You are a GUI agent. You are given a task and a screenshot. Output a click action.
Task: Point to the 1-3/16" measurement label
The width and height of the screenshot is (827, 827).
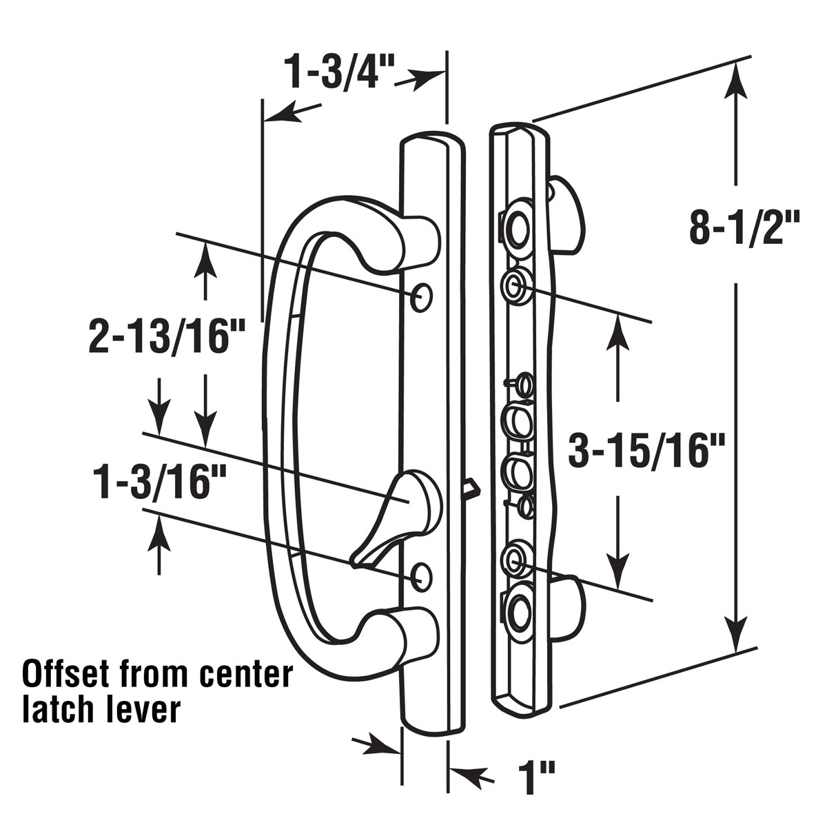[152, 482]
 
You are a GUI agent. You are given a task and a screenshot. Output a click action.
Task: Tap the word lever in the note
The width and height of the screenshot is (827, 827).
[141, 709]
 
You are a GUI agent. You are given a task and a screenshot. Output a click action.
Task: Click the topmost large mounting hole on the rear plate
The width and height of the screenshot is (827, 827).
[516, 225]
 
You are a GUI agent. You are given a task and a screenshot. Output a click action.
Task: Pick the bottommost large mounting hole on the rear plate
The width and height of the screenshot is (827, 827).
[516, 607]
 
